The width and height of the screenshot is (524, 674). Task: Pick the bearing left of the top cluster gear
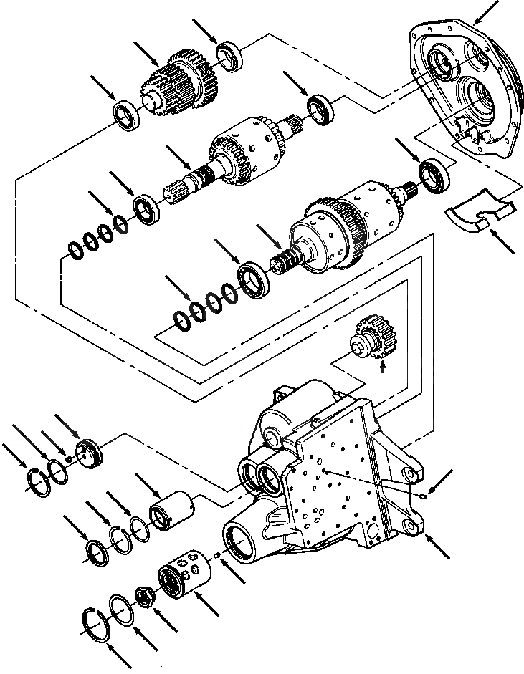coord(128,114)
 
